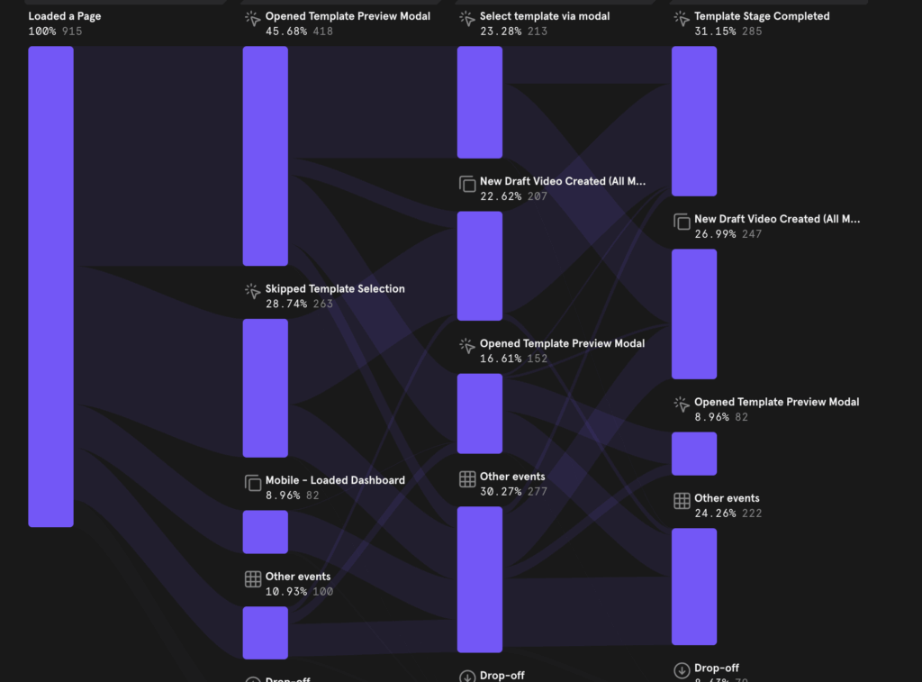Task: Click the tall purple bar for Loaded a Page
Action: point(50,286)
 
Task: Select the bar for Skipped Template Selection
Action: point(265,387)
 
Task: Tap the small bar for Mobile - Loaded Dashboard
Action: point(265,532)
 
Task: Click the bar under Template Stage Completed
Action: point(693,121)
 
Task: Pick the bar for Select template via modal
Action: point(479,102)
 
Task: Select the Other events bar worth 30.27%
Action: point(479,579)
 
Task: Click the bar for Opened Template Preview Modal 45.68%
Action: point(265,156)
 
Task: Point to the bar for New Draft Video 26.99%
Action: point(693,314)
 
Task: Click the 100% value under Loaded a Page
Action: point(42,32)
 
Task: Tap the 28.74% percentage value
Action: point(285,305)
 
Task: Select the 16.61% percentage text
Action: point(501,359)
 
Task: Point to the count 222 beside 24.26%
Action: point(752,514)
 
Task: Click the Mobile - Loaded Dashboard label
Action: point(335,480)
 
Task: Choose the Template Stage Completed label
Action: point(762,16)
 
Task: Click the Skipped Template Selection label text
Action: point(335,289)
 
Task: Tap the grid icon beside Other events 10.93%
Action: point(253,579)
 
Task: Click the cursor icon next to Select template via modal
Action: point(467,19)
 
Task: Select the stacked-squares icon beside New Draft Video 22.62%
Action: point(467,184)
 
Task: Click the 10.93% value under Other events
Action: point(285,592)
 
